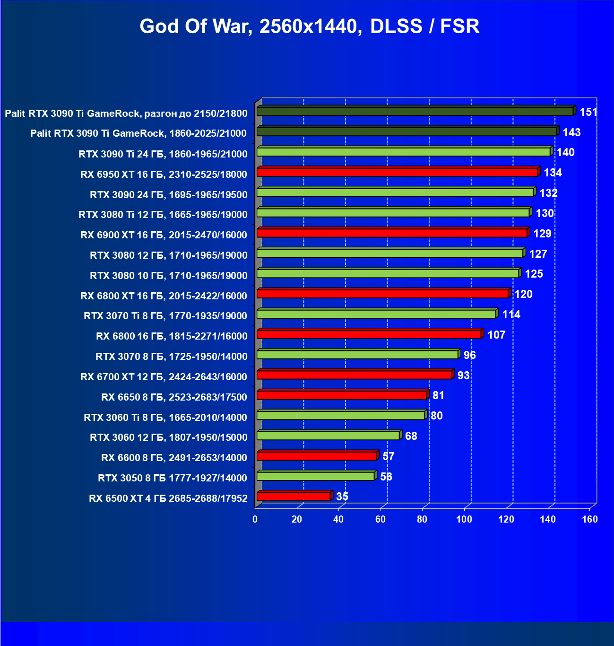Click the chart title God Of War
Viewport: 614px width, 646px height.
coord(310,26)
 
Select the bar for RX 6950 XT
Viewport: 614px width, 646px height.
coord(397,172)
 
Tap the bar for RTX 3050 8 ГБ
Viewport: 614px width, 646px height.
coord(315,476)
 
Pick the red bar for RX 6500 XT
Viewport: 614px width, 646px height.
coord(293,497)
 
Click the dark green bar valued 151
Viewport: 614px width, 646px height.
coord(415,112)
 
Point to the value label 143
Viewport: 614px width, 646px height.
coord(571,132)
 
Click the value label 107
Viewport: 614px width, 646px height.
coord(496,335)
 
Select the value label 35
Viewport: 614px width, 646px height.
coord(342,497)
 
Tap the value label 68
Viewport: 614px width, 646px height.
coord(411,436)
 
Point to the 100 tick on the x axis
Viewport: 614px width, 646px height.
coord(464,519)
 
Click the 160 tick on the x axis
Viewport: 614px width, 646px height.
coord(590,519)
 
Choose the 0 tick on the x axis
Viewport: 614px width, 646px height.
coord(255,519)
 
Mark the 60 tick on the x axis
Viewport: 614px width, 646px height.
coord(381,519)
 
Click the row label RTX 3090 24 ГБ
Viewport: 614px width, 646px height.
coord(169,195)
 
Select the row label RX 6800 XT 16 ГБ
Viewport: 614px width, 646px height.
coord(164,296)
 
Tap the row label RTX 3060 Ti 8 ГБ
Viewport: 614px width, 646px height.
coord(165,418)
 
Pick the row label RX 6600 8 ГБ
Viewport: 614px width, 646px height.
coord(174,458)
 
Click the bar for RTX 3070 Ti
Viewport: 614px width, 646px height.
coord(376,314)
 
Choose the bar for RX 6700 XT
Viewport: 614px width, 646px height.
coord(354,375)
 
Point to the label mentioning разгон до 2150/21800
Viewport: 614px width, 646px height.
coord(126,113)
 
